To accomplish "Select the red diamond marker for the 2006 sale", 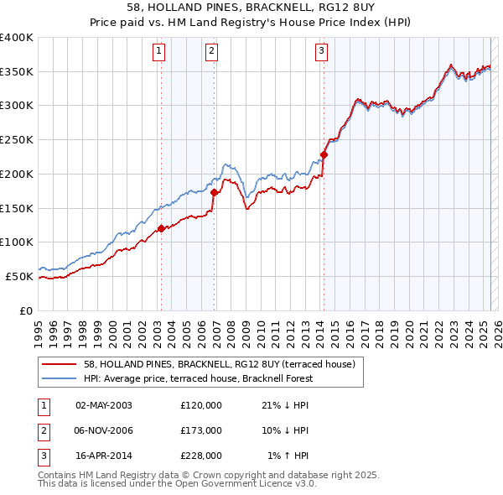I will coord(214,192).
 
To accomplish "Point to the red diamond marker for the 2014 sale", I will coord(324,154).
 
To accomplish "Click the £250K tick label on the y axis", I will coord(17,140).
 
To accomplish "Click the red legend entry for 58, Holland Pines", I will coord(220,364).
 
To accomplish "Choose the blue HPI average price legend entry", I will coord(197,378).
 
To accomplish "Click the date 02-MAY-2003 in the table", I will coord(104,405).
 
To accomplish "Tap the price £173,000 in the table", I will coord(201,430).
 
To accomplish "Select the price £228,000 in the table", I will coord(201,456).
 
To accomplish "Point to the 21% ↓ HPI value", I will coord(285,405).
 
